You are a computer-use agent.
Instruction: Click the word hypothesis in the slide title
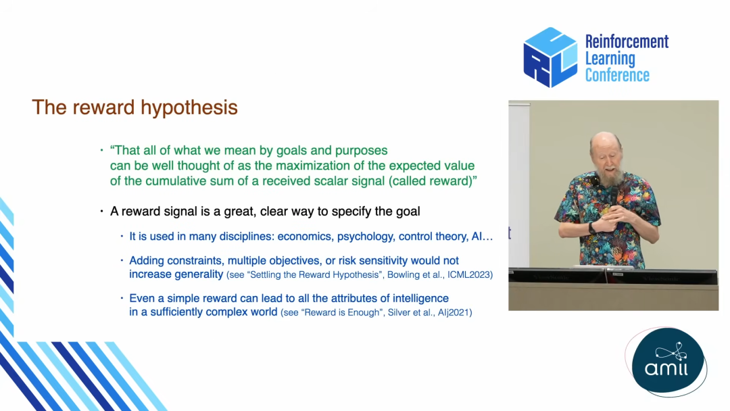coord(189,108)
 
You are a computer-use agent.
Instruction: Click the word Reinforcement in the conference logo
coord(627,41)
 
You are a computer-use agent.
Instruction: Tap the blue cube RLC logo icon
coord(550,57)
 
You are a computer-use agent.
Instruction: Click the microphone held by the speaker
coord(614,199)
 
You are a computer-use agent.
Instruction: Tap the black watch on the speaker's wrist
coord(592,228)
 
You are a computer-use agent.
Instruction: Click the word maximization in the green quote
coord(311,166)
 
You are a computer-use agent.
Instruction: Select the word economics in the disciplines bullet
coord(305,237)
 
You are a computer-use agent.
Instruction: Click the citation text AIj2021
coord(454,312)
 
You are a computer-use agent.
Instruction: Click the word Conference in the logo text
coord(617,75)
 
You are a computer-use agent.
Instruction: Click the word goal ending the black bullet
coord(408,212)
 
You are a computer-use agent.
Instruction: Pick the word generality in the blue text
coord(199,274)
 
